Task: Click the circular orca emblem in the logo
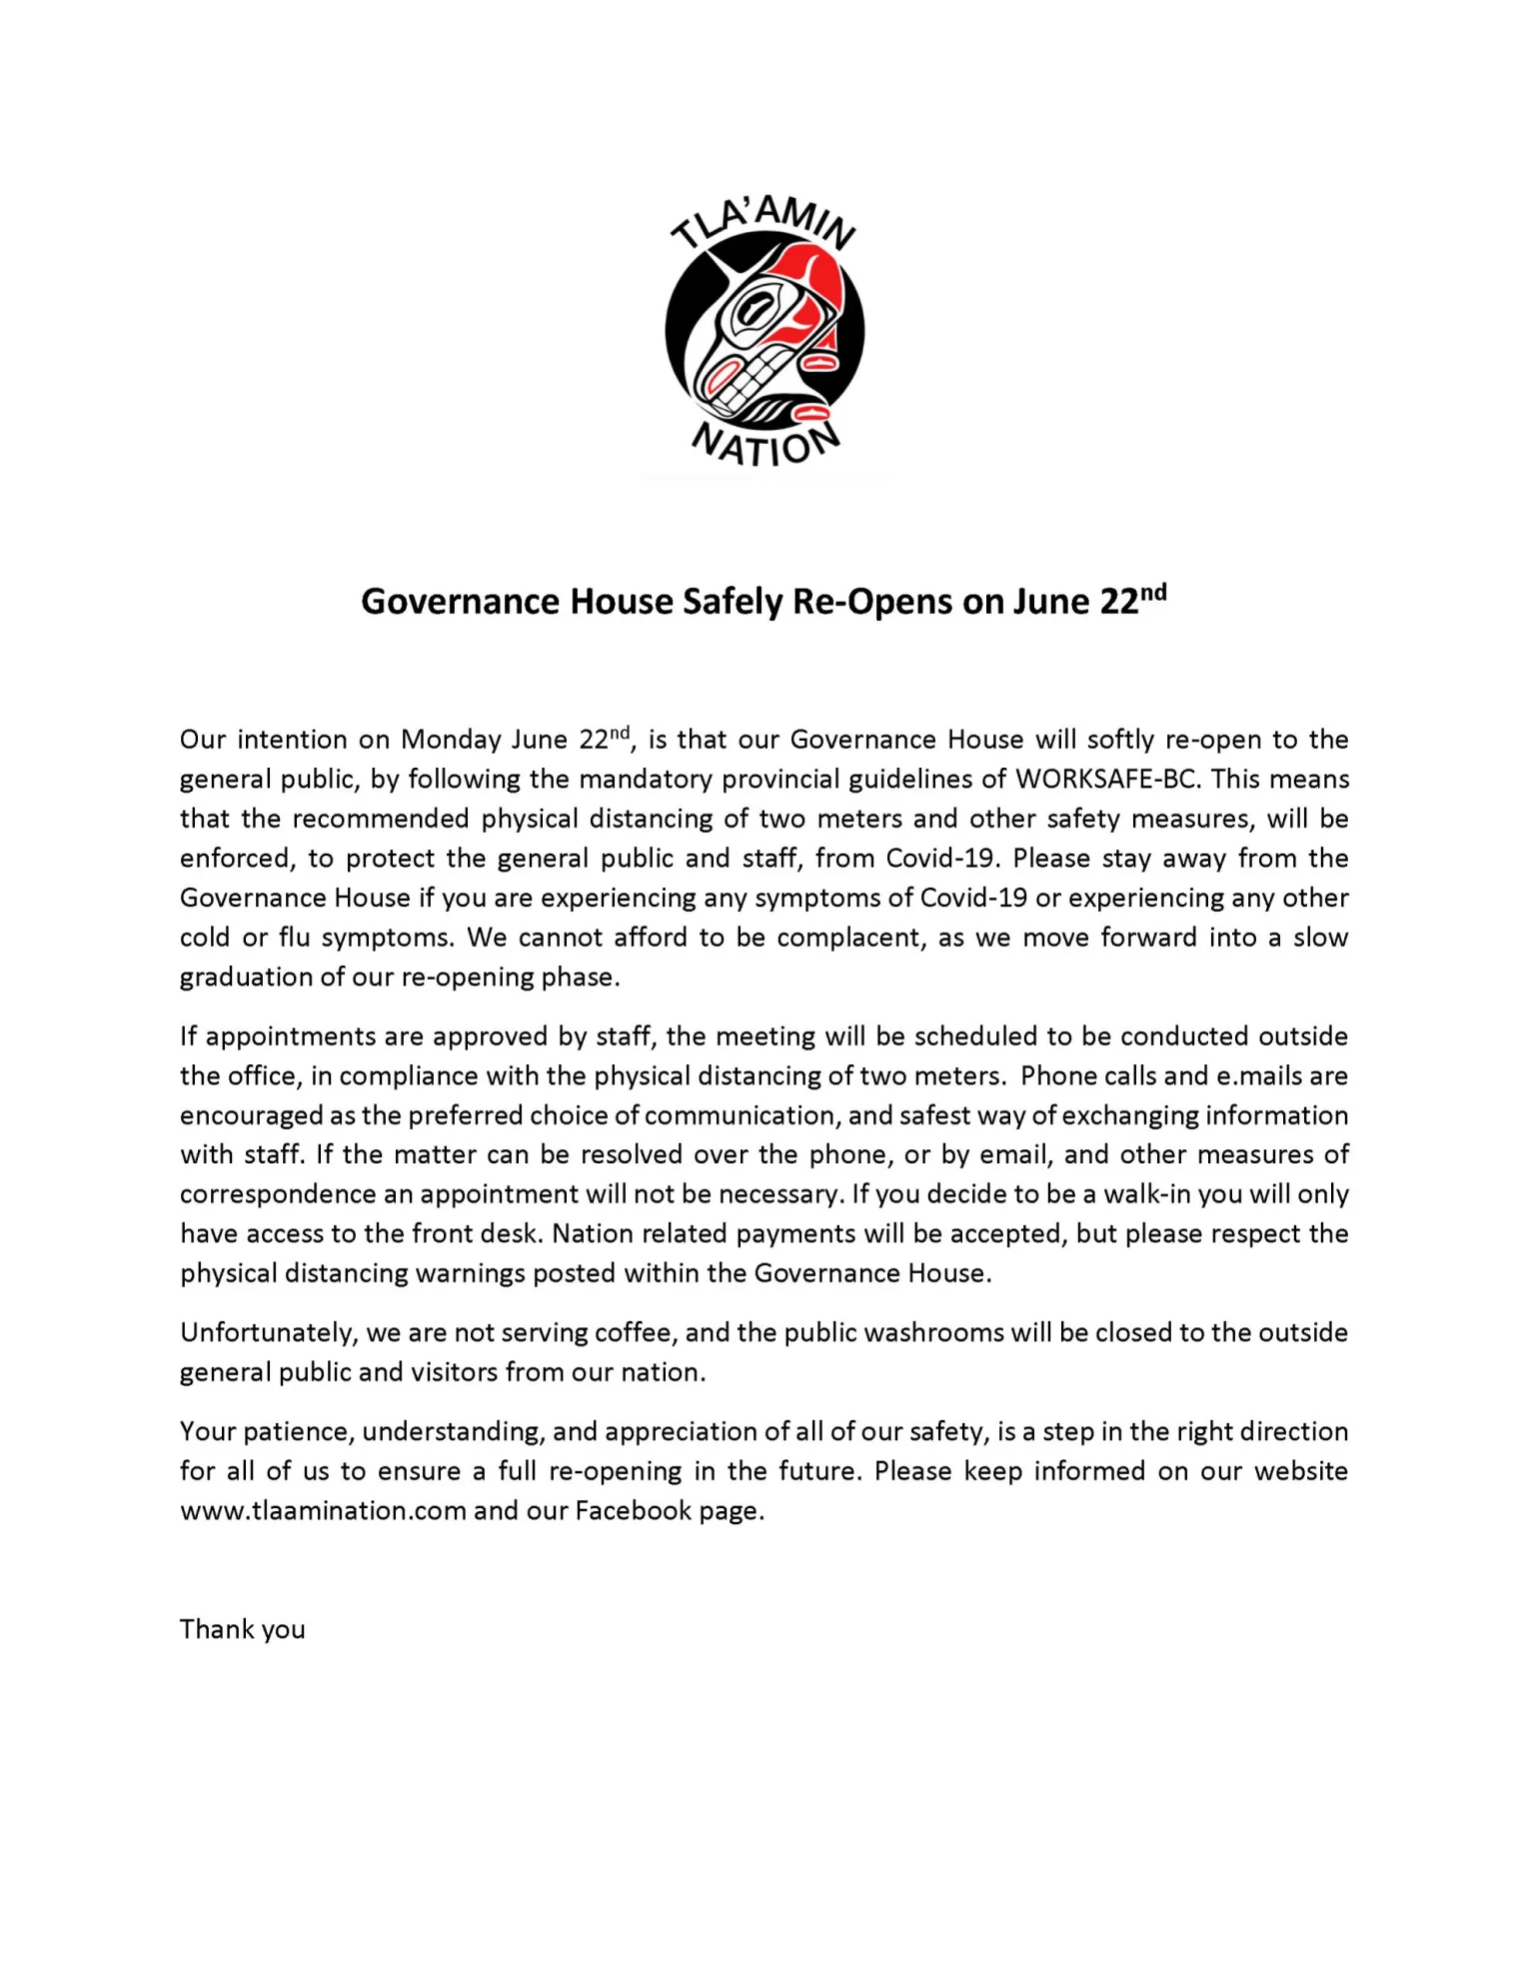tap(764, 331)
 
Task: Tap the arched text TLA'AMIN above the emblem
tap(763, 221)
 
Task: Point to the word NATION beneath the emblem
tap(765, 446)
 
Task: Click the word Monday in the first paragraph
tap(451, 740)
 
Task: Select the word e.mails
tap(1259, 1076)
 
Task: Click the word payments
tap(795, 1234)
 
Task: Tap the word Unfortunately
tap(267, 1333)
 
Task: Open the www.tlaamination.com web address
tap(323, 1510)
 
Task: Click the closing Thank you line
tap(243, 1629)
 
